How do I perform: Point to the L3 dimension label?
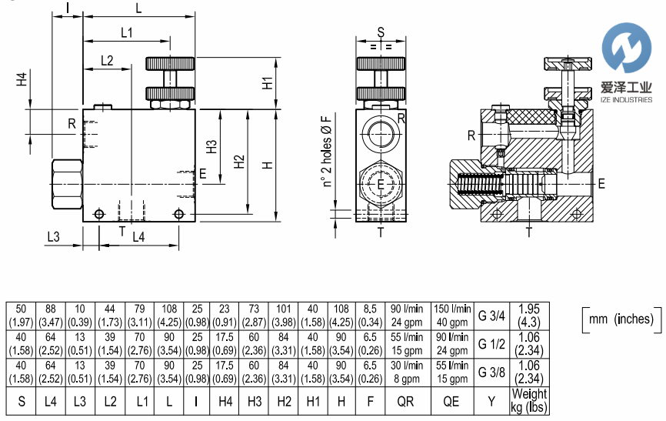pos(53,237)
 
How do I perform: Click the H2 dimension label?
pos(239,162)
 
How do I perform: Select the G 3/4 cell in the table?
pos(492,314)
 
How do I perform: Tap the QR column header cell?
pos(405,400)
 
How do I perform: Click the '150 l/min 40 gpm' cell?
pos(451,314)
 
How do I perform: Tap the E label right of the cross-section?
pos(601,182)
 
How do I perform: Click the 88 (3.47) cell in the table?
pos(51,314)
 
